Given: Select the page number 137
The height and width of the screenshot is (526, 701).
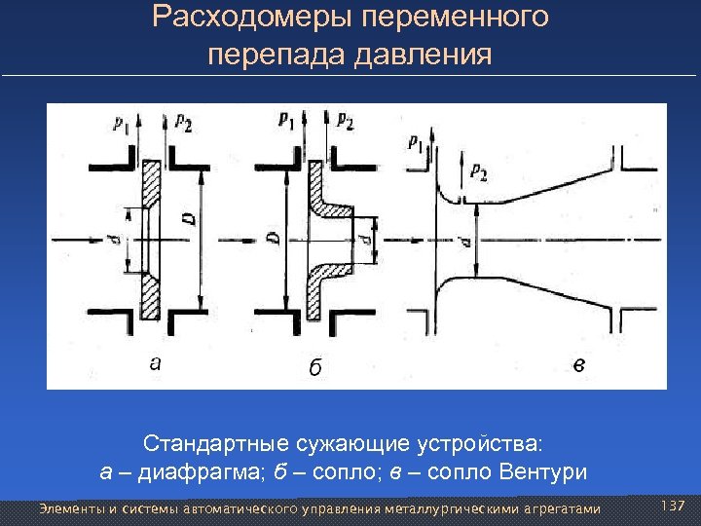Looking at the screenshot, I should (x=673, y=507).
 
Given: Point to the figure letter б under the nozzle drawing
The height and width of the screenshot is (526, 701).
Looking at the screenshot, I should (x=314, y=368).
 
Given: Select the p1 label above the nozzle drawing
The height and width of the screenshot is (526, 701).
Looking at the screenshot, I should (x=285, y=120).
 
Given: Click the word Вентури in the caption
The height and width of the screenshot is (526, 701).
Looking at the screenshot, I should (x=542, y=473).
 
